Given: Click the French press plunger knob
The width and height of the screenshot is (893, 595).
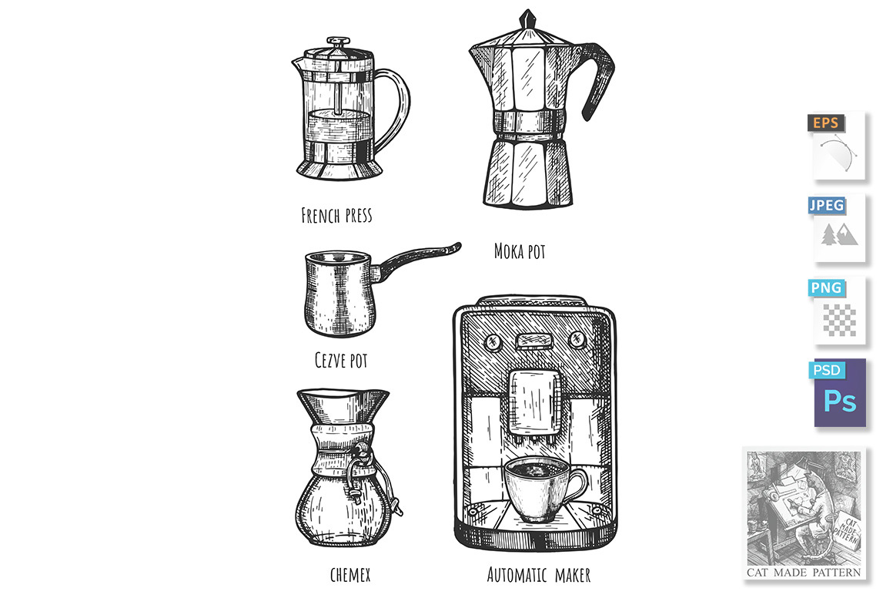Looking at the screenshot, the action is (x=338, y=42).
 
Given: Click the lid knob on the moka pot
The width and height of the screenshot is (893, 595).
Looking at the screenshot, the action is (x=528, y=19).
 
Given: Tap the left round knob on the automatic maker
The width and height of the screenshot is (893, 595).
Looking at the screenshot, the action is (x=492, y=342).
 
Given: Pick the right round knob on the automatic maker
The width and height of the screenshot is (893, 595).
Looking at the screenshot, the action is (x=577, y=339).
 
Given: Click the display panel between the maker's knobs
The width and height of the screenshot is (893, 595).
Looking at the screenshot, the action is (x=535, y=340).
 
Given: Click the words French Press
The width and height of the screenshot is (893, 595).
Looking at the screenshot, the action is (x=336, y=216).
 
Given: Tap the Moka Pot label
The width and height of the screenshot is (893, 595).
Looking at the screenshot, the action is (x=520, y=251).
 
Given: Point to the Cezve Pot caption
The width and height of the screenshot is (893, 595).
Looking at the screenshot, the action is (x=341, y=360).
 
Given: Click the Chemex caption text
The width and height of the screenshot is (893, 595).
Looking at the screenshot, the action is (x=350, y=574).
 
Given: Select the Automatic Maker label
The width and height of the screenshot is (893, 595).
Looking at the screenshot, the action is (x=539, y=574).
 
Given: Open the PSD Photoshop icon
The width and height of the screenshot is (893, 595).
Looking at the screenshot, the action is (x=838, y=393).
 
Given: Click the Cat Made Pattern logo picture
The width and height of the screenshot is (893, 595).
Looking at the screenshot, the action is (x=804, y=514).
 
